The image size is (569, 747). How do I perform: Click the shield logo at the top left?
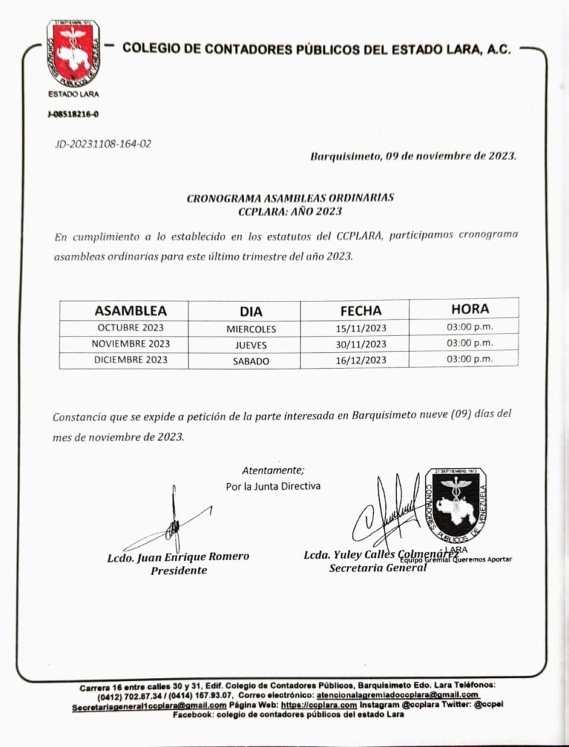[73, 51]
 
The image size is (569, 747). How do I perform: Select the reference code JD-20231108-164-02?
[103, 144]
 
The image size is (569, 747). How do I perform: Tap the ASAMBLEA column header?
[130, 311]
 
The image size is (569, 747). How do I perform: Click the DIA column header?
[251, 311]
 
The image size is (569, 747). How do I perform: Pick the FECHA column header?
[361, 311]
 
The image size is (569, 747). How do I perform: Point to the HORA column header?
[469, 309]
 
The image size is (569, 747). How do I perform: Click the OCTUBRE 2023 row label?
[130, 328]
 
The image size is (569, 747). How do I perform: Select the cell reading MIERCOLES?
[251, 328]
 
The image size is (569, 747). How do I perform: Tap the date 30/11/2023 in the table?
[361, 344]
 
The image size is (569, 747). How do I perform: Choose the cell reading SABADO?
[251, 361]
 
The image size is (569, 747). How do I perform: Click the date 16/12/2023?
[361, 360]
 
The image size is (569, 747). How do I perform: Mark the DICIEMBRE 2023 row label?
[130, 360]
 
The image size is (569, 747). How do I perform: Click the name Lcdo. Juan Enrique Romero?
[178, 557]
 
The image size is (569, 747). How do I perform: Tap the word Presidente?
[179, 570]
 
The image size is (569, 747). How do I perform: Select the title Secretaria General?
[378, 568]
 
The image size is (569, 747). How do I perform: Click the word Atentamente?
[273, 470]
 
